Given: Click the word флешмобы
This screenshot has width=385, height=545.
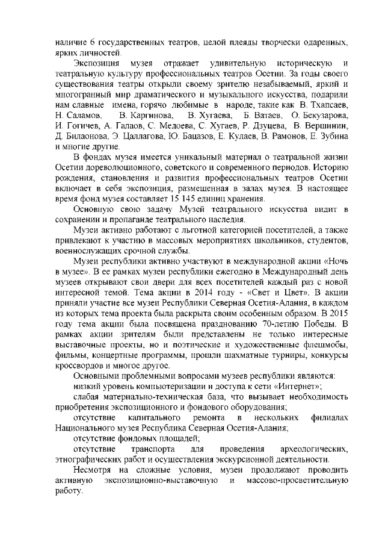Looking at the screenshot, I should click(x=325, y=345).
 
